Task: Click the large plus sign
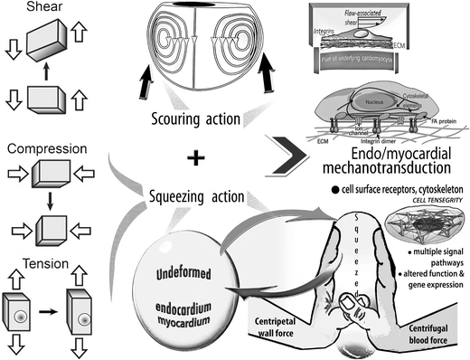coord(193,157)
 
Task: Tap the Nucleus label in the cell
coord(373,103)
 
